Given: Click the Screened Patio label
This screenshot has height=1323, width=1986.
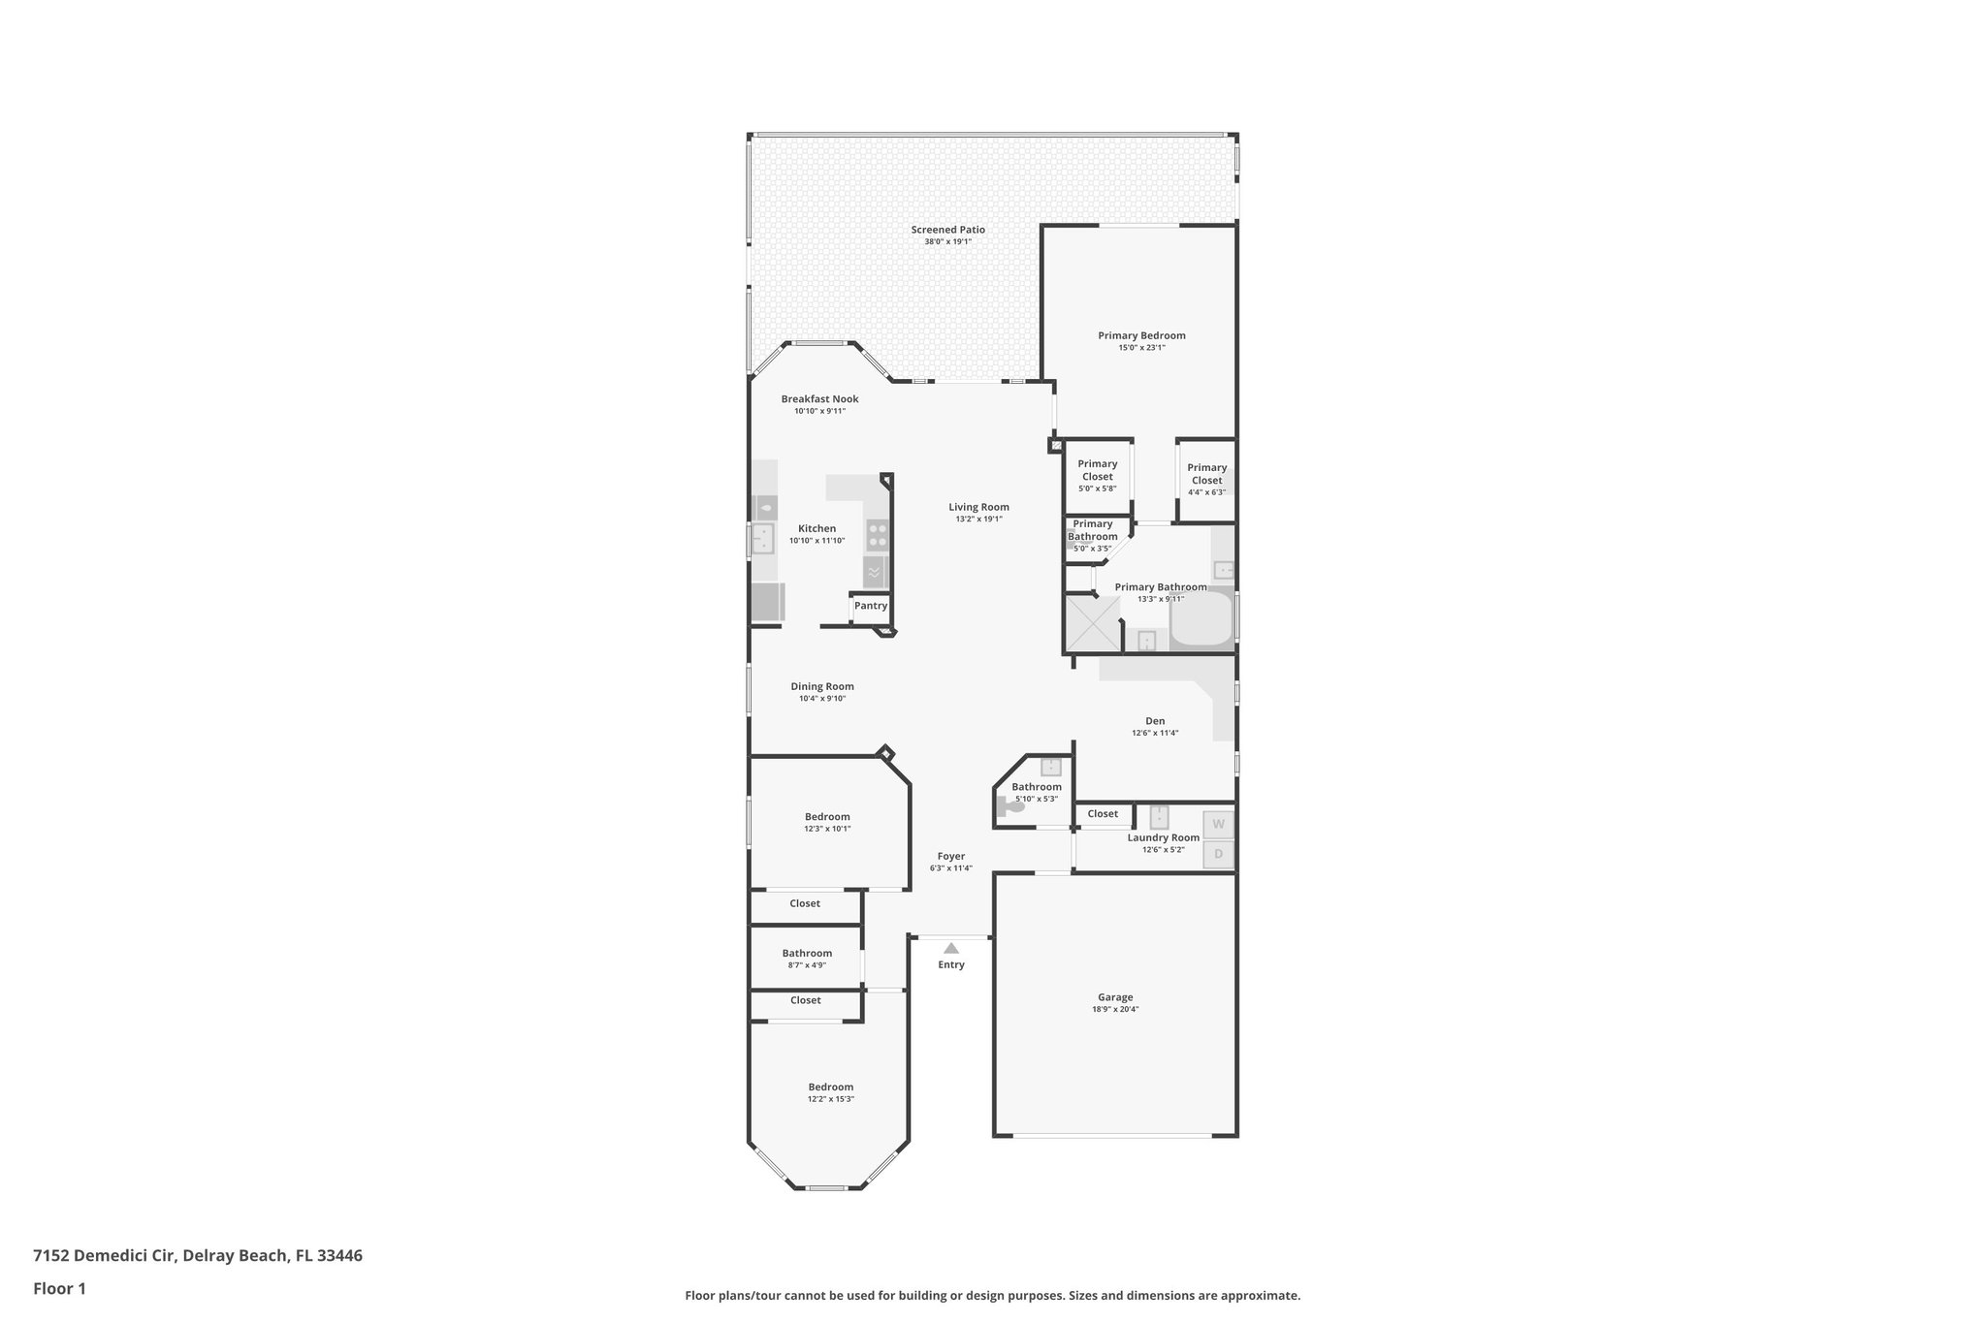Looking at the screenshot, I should (947, 230).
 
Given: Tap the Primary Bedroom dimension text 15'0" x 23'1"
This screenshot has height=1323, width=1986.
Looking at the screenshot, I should (1141, 347).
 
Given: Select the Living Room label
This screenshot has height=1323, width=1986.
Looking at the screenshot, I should (978, 507).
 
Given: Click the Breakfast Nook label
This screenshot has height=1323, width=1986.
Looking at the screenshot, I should (819, 399).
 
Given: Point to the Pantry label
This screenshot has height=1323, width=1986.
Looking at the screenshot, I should (871, 606).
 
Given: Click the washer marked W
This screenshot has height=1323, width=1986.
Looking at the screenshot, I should (1219, 825).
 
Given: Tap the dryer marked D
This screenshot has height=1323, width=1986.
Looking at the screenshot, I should (1219, 855).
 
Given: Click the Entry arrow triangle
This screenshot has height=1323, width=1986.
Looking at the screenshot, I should (951, 948).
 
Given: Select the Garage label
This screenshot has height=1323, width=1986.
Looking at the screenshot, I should (1115, 997).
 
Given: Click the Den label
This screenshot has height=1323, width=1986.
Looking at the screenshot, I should (1155, 721).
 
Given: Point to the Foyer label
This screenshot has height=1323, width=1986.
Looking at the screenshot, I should (950, 856).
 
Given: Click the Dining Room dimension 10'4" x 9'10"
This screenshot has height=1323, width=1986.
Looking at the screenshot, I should (822, 698).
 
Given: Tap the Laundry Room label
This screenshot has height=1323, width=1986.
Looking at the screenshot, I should (1163, 837).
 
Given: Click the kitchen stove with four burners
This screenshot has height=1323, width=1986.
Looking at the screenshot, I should (878, 535).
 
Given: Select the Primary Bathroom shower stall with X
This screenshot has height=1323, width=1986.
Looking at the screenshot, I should (1093, 622).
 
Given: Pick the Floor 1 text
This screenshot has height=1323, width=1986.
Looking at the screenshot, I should (59, 1288).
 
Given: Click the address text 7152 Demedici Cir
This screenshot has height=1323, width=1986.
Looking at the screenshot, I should (104, 1255).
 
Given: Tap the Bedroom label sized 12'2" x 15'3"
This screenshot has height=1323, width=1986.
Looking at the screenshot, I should (831, 1087).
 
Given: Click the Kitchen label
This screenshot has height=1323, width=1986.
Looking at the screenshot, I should (817, 529).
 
